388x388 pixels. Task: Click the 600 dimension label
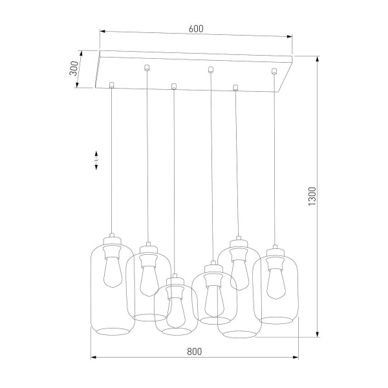tap(196, 28)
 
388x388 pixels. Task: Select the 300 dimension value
tap(74, 68)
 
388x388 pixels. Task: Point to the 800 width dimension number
tap(195, 351)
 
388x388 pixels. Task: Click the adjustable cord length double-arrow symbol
tap(96, 160)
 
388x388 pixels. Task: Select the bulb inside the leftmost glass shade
tap(112, 272)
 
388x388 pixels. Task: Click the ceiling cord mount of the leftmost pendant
tap(112, 84)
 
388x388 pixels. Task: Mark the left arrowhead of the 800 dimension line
tap(92, 357)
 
